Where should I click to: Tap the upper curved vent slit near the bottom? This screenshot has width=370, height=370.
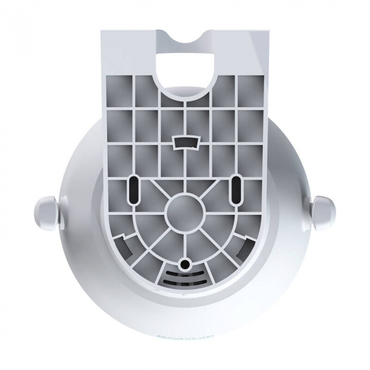coord(184,274)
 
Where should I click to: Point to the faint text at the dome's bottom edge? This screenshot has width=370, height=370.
coord(184,335)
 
